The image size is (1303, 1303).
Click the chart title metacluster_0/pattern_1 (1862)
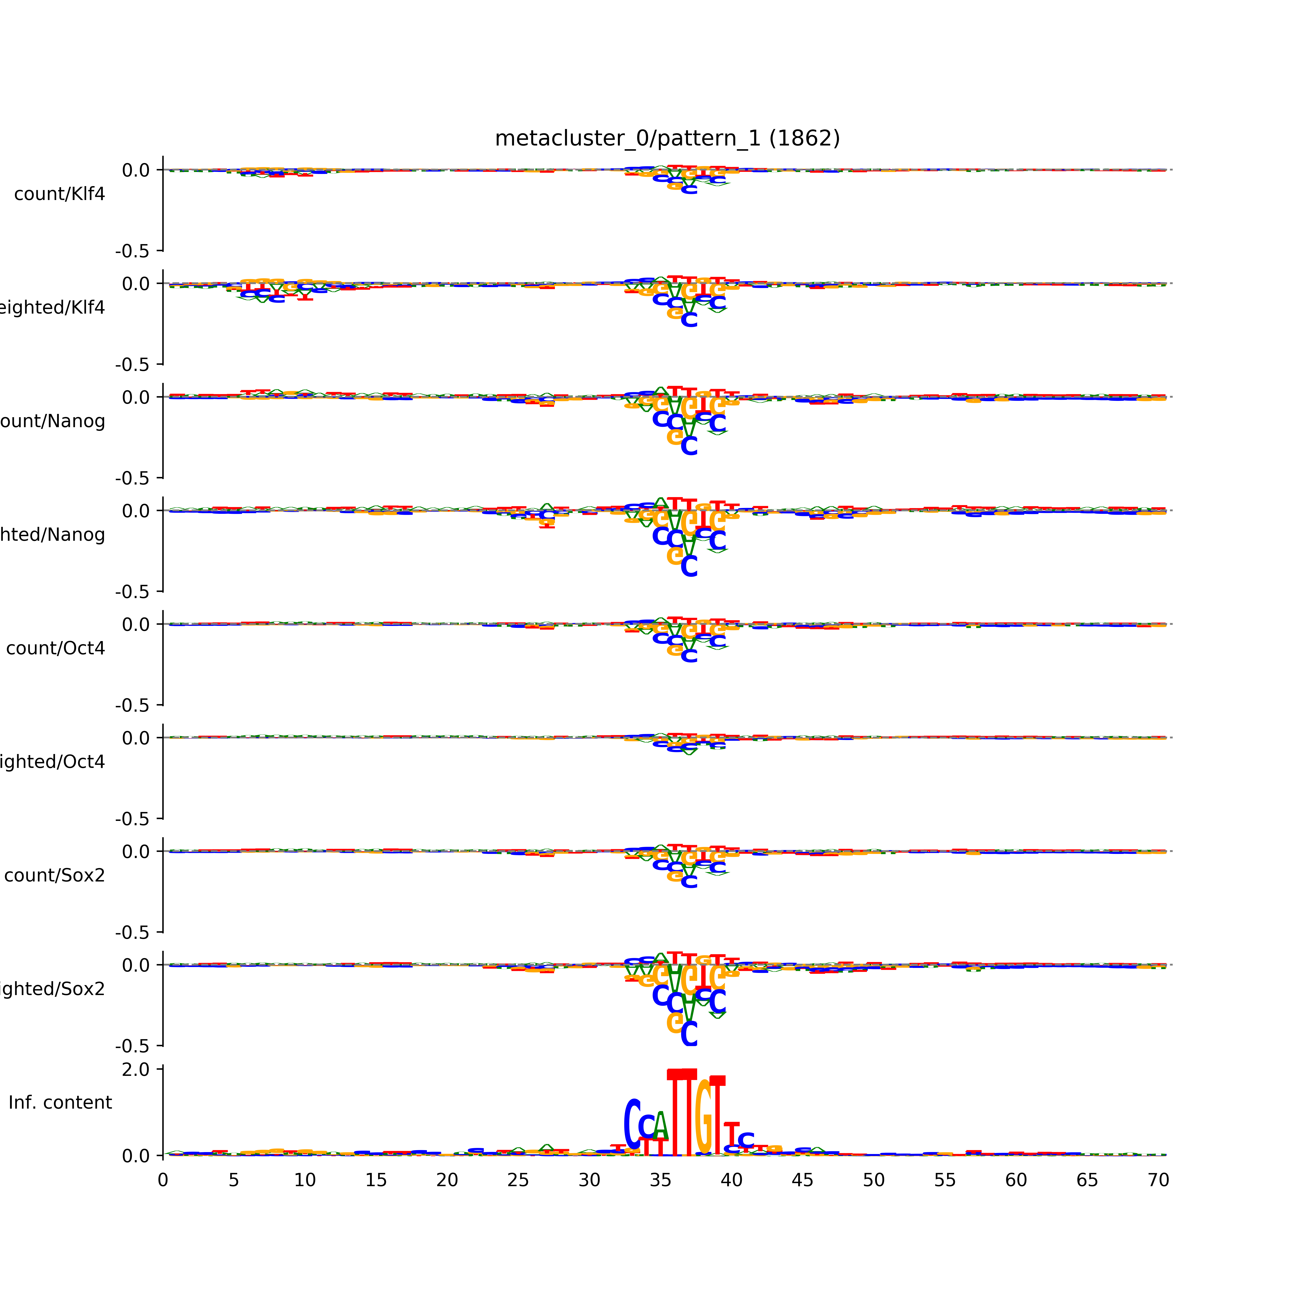pos(667,138)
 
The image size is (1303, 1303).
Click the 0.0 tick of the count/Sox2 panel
pos(136,852)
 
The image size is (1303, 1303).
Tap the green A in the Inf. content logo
pos(661,1126)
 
